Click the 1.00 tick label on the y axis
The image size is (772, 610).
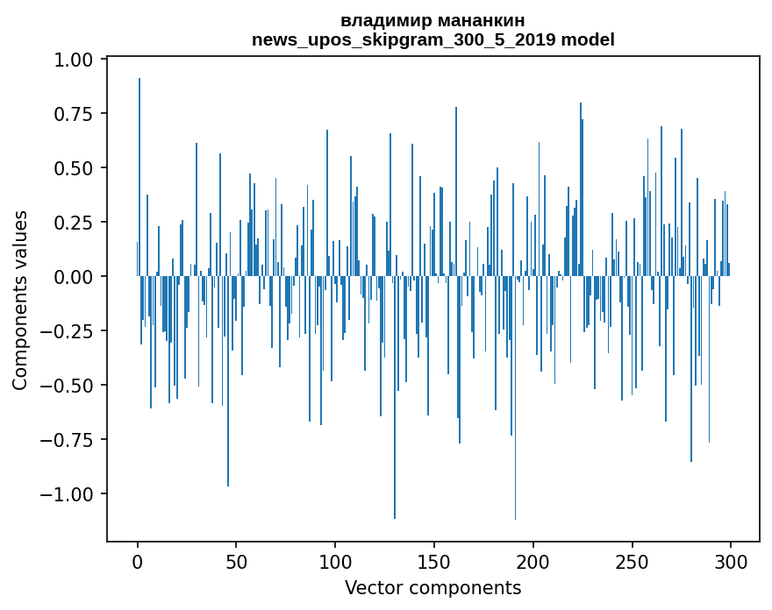click(77, 60)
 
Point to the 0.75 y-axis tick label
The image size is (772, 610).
click(77, 114)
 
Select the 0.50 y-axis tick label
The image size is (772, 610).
click(77, 168)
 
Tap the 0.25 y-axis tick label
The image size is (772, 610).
click(77, 223)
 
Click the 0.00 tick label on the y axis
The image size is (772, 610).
click(77, 277)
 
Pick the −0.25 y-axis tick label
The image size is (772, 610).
click(71, 331)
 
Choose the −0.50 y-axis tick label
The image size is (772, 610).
click(71, 386)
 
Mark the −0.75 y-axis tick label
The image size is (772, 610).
click(71, 440)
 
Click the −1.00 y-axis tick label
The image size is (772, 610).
click(71, 494)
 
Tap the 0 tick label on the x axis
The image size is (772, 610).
click(138, 563)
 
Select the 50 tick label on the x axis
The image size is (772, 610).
click(237, 563)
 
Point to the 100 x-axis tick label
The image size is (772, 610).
click(335, 563)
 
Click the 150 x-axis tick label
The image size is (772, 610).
click(434, 563)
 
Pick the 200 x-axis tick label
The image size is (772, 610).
click(533, 563)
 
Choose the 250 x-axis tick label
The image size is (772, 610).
click(632, 563)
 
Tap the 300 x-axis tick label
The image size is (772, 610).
click(731, 563)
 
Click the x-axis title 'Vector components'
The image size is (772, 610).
click(433, 588)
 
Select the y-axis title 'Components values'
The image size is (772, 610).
click(20, 300)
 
